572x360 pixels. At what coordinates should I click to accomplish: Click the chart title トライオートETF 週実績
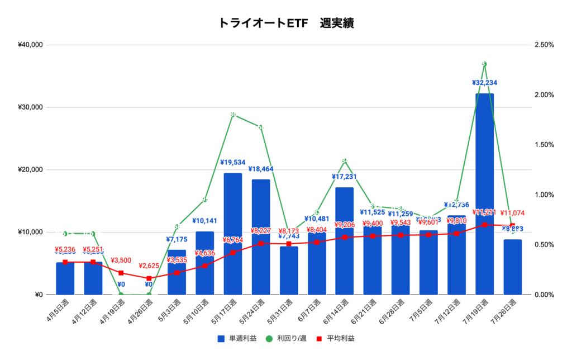tap(286, 23)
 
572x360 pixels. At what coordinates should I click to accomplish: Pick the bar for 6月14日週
tap(345, 240)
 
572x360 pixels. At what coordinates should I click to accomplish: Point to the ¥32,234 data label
tap(484, 83)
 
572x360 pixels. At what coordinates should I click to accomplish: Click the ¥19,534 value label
tap(233, 163)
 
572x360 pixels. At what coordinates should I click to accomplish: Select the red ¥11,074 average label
tap(512, 213)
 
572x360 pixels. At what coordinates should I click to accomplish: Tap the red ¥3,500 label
tap(121, 260)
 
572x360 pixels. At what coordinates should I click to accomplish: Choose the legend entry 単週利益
tap(234, 338)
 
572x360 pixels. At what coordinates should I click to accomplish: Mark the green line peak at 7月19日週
tap(484, 64)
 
